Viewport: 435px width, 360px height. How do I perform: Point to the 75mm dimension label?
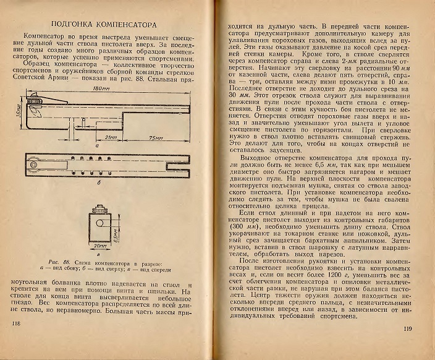(155, 137)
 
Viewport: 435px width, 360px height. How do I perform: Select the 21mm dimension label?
(111, 137)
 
